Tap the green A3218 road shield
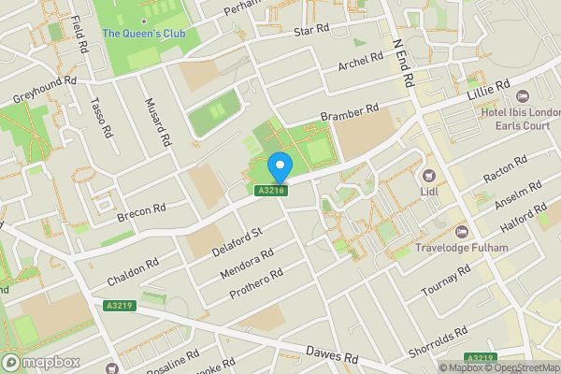tap(271, 191)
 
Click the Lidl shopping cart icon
tap(431, 175)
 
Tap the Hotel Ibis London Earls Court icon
tap(522, 96)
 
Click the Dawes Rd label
tap(332, 354)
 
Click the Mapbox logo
tap(39, 362)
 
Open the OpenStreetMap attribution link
tap(520, 367)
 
